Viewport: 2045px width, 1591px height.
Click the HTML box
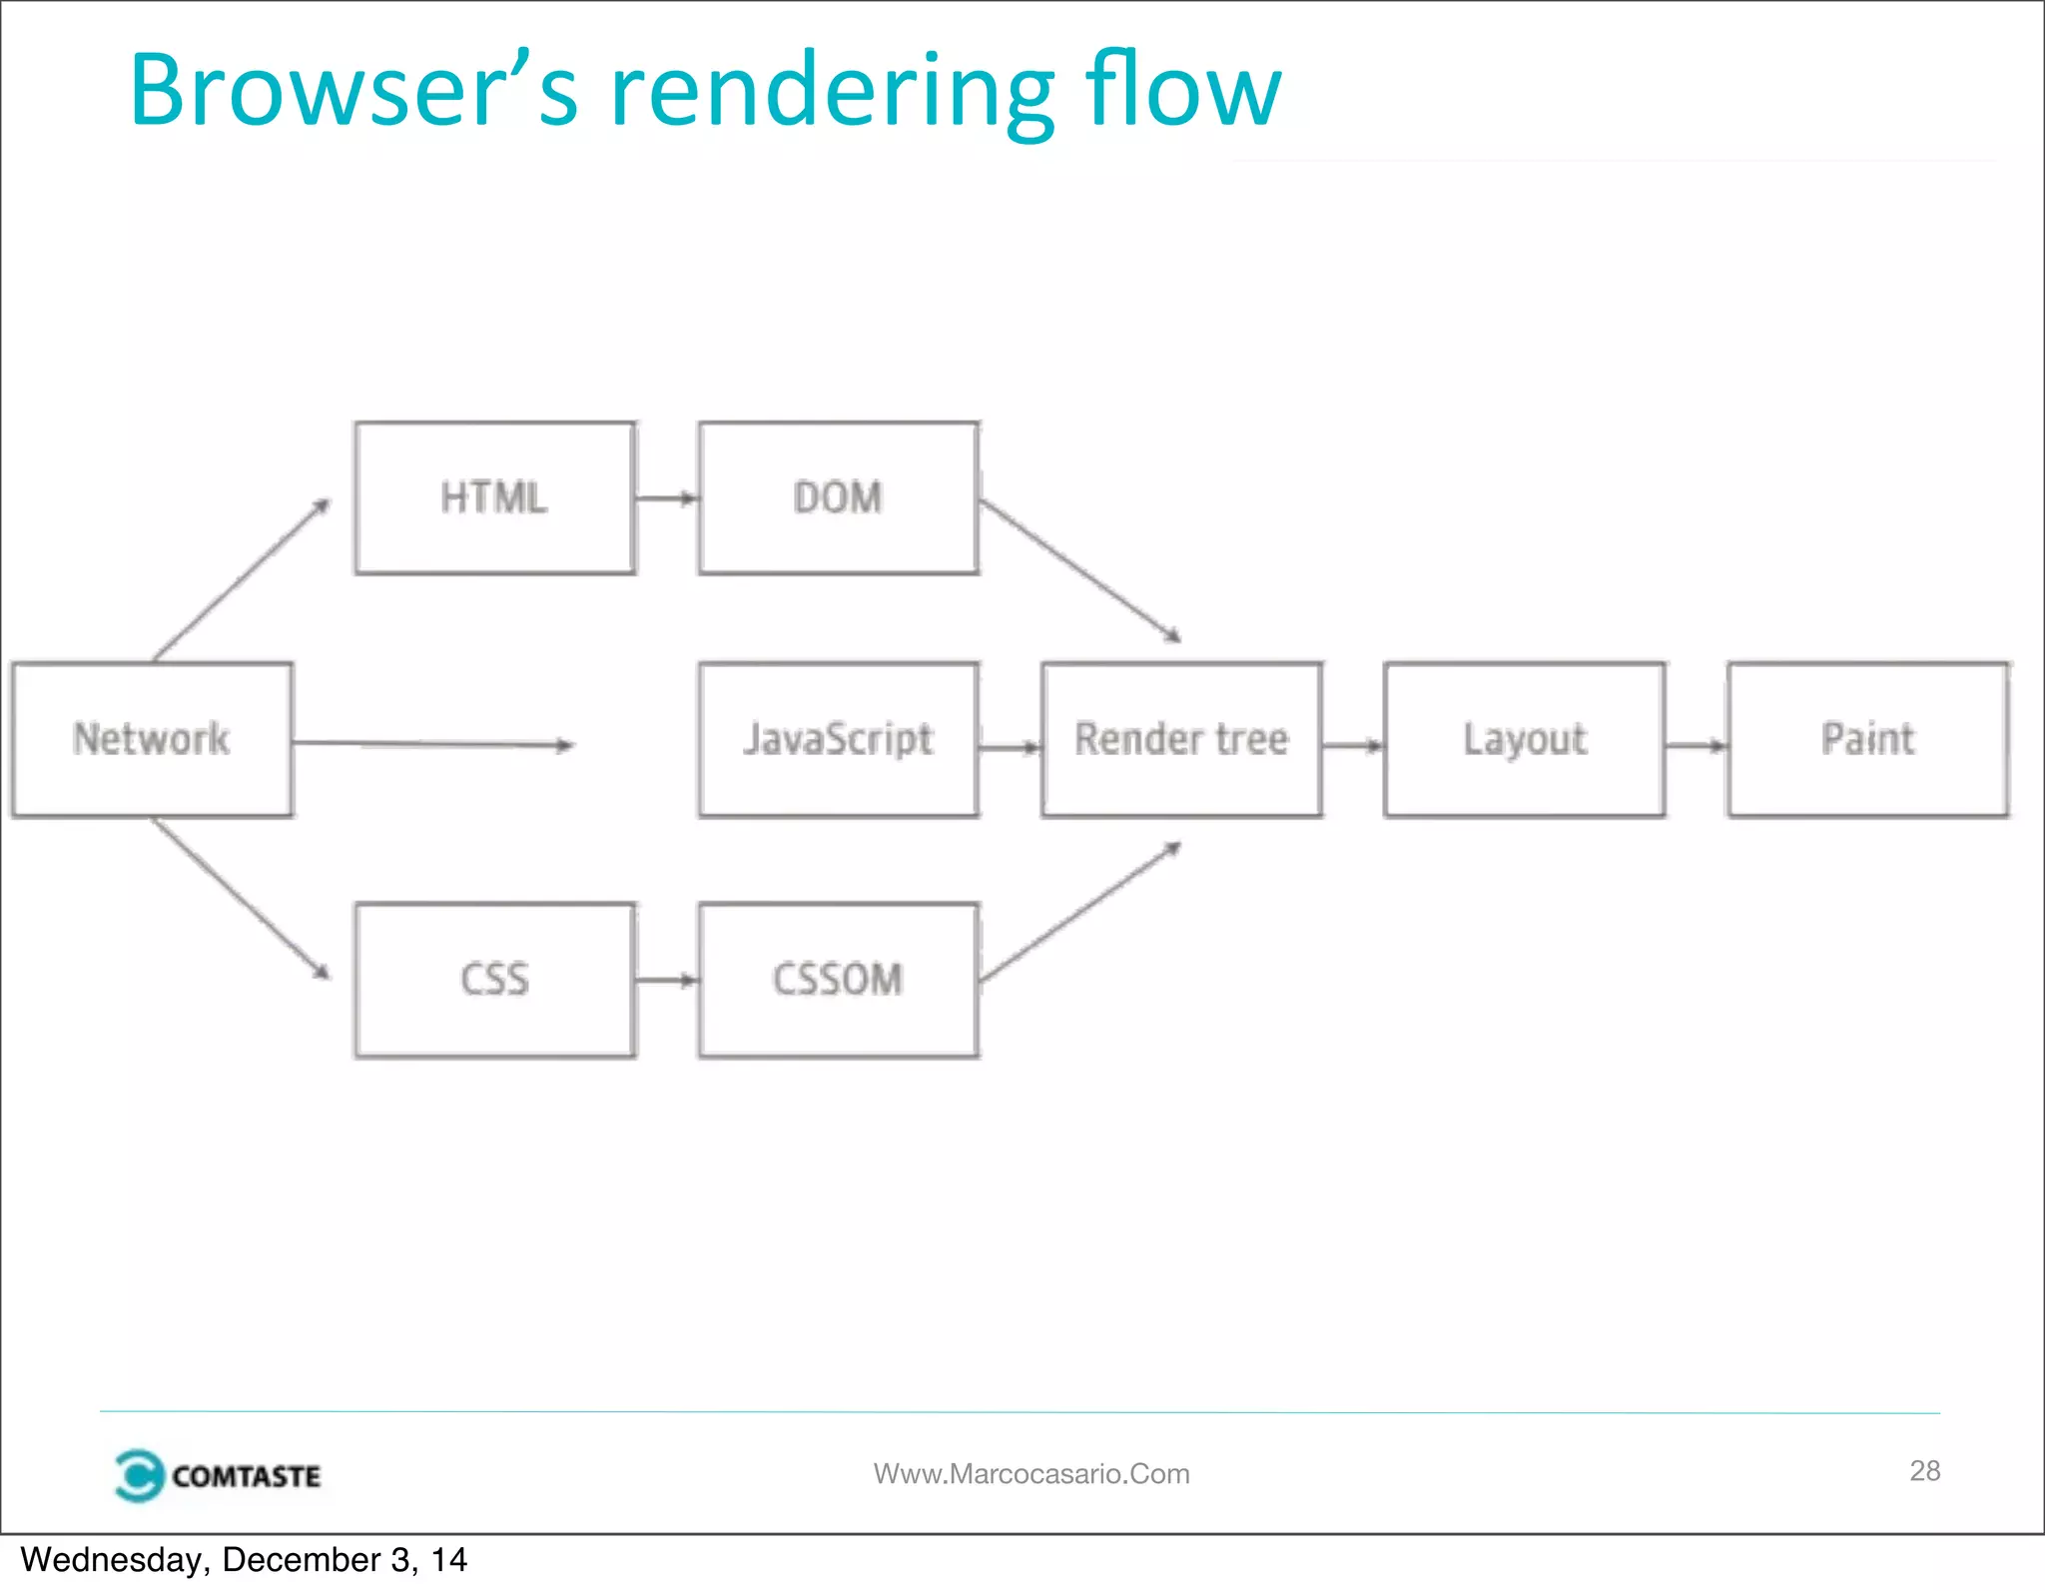[x=494, y=497]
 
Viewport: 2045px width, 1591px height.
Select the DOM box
[x=838, y=497]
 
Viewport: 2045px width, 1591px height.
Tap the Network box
[x=152, y=739]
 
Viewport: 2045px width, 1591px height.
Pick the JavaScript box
[x=838, y=739]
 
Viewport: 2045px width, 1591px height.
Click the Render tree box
[x=1181, y=739]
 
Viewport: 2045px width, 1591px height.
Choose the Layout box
[x=1524, y=739]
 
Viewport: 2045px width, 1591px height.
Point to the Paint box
[x=1867, y=739]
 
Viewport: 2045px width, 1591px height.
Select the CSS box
[x=494, y=979]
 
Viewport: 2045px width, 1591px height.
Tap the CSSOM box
[x=838, y=979]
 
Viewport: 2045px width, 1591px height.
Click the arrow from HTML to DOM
[x=666, y=497]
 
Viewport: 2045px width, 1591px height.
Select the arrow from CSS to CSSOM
[x=666, y=980]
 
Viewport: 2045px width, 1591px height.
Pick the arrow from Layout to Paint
[x=1696, y=744]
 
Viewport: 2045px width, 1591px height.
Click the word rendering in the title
[x=832, y=92]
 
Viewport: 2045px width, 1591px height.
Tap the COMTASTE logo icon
[x=139, y=1474]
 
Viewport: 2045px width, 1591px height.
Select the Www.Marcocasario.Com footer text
[x=1031, y=1473]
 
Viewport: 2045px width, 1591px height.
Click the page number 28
[x=1924, y=1470]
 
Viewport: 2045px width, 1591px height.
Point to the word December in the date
[x=301, y=1559]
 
